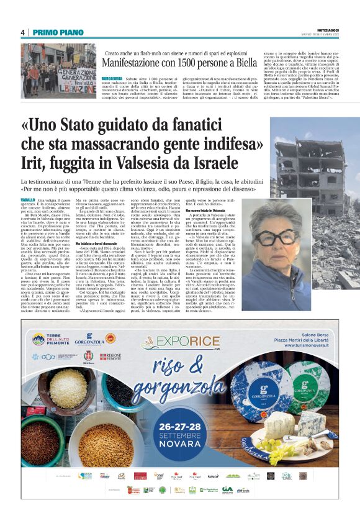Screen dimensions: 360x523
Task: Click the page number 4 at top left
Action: click(23, 32)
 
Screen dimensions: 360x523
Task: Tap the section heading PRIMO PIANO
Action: click(52, 32)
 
